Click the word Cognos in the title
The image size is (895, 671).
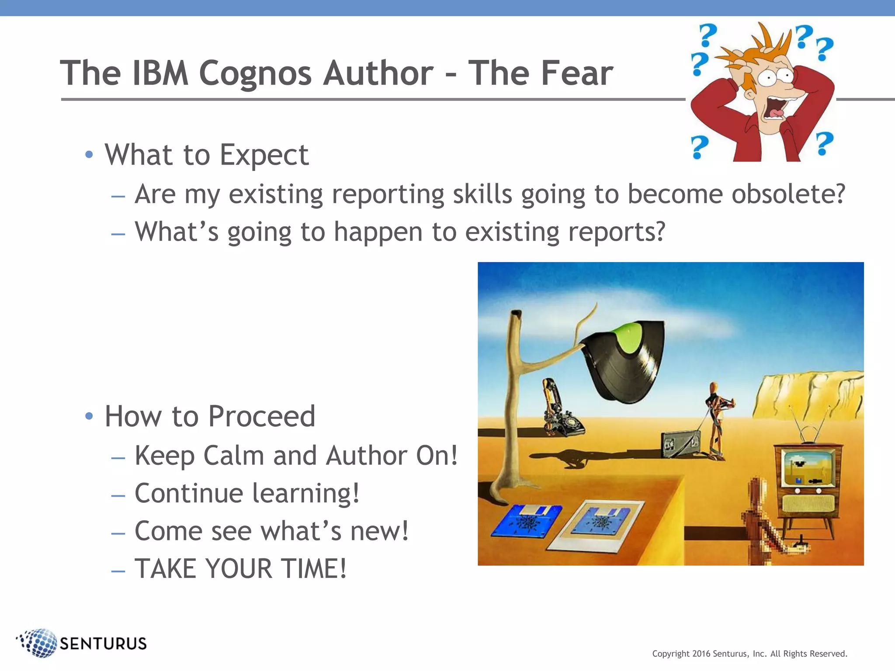[255, 73]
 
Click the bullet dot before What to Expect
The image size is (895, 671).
[89, 154]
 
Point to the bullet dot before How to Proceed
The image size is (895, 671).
[89, 416]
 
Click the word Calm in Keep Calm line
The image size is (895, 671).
[234, 456]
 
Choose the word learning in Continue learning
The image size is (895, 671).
[305, 493]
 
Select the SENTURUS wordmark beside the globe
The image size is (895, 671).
[103, 644]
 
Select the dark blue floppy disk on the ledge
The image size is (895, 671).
[527, 520]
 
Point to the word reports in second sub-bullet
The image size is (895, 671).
[612, 232]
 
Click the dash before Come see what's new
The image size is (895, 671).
[118, 533]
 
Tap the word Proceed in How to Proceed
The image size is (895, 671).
[261, 416]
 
